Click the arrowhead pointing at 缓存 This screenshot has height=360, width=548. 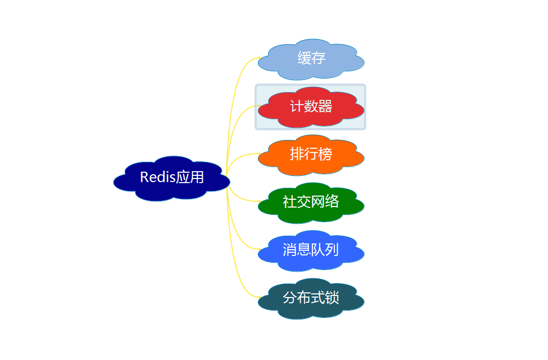[x=258, y=58]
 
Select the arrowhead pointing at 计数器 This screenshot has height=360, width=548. [x=258, y=106]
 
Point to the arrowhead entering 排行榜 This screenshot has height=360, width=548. [x=258, y=154]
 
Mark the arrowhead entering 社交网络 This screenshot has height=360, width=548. [x=258, y=202]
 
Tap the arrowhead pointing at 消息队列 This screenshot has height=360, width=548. [x=258, y=249]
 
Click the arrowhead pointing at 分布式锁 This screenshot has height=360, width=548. [x=258, y=297]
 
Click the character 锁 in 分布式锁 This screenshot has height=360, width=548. [x=332, y=298]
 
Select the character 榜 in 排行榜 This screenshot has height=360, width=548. [x=325, y=155]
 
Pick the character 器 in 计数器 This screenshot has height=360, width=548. [x=325, y=107]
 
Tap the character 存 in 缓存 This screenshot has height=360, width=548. [x=319, y=58]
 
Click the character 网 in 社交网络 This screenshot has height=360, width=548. [x=318, y=202]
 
